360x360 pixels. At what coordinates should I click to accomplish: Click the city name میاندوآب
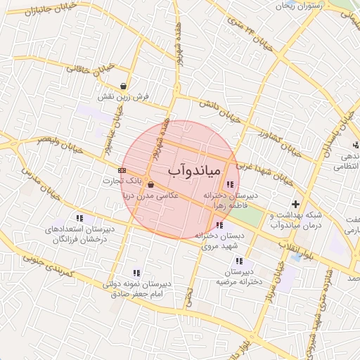195,171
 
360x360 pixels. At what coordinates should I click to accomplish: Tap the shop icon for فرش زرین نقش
124,86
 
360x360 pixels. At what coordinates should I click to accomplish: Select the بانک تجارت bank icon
122,170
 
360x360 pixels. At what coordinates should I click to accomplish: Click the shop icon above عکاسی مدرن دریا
150,185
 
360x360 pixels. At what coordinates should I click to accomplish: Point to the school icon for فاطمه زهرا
230,184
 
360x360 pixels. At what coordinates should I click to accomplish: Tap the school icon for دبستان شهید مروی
220,226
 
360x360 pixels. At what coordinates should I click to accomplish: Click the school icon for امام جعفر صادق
136,273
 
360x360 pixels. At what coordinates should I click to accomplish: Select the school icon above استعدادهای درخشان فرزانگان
79,218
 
